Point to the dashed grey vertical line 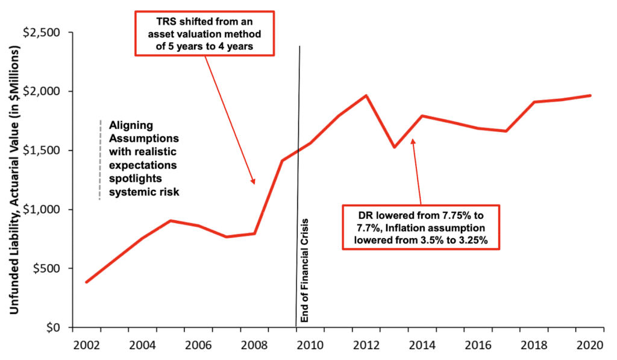pos(100,160)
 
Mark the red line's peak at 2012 pos(366,95)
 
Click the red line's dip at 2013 pos(394,147)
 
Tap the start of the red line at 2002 pos(86,282)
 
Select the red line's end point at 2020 pos(590,95)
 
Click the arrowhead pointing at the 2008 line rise pos(254,182)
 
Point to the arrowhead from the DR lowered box pos(412,140)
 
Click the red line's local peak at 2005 pos(171,221)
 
